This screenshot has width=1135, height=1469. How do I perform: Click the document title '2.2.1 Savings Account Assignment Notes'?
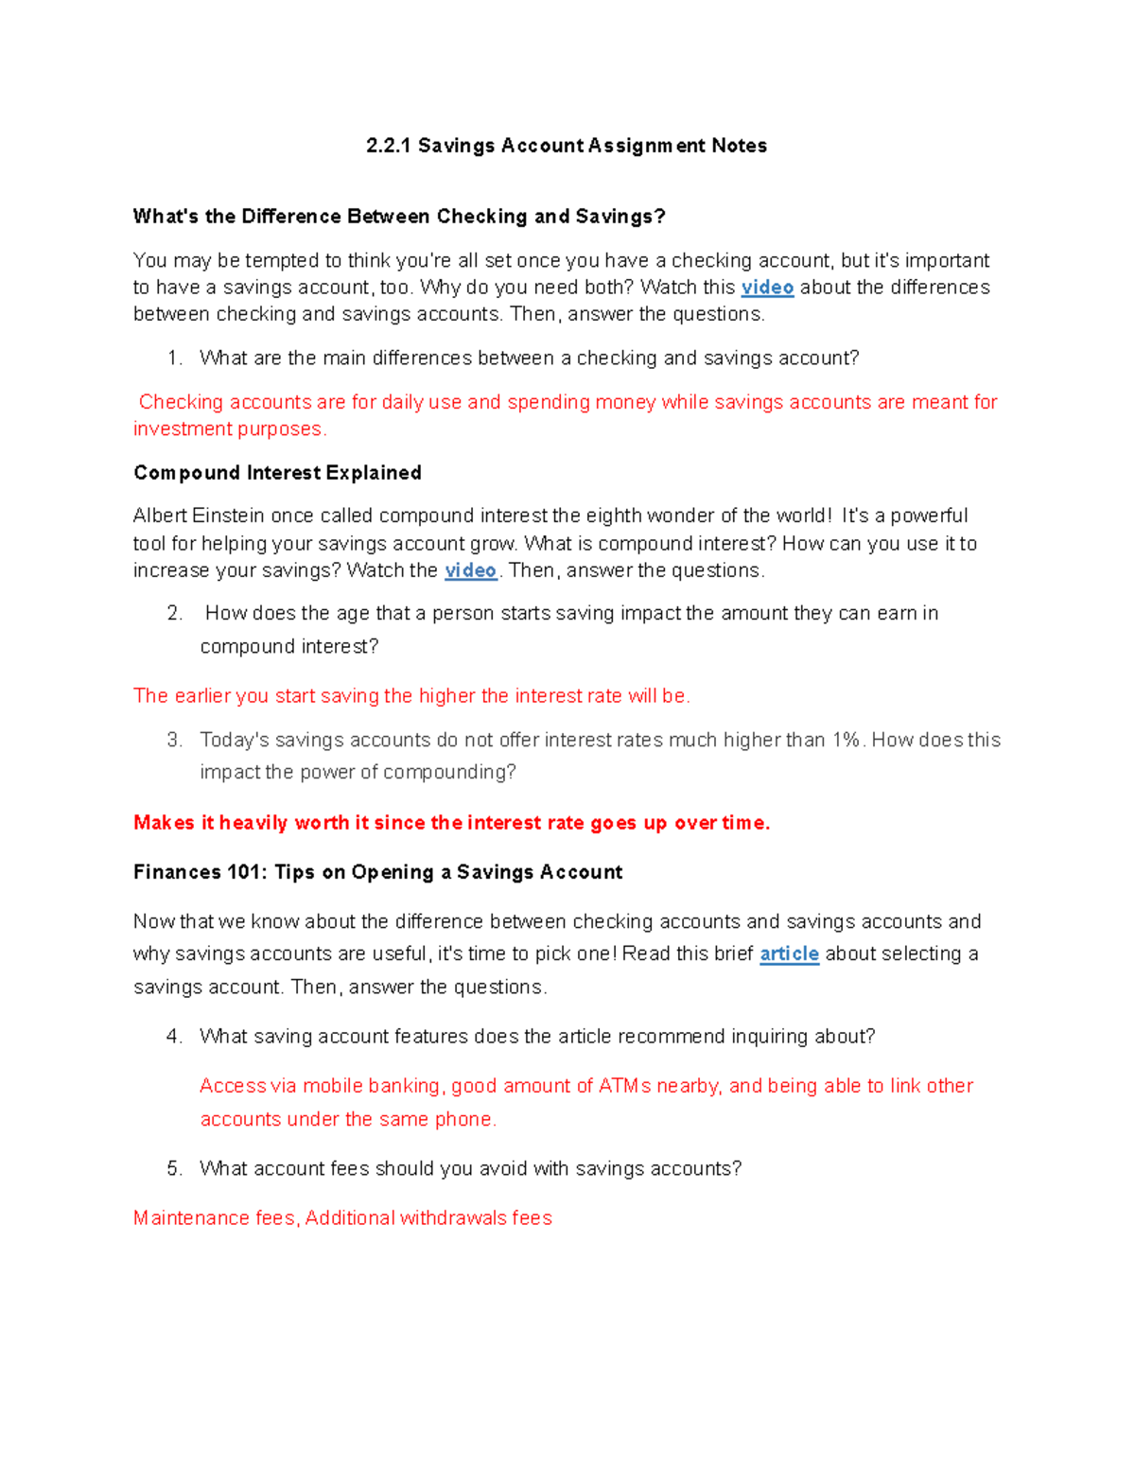tap(567, 146)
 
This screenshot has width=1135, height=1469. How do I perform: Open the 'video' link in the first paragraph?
tap(767, 288)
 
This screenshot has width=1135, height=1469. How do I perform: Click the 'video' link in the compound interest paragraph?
tap(470, 570)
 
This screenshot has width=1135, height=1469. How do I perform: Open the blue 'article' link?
tap(789, 953)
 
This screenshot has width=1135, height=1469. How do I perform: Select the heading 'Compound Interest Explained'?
tap(277, 473)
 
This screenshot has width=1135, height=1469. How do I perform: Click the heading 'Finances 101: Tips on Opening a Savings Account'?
tap(377, 872)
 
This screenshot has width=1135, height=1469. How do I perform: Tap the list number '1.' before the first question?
tap(174, 359)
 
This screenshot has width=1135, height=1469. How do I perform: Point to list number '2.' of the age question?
tap(174, 614)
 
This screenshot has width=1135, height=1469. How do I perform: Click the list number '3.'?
tap(174, 740)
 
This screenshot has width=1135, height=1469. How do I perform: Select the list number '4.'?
tap(174, 1037)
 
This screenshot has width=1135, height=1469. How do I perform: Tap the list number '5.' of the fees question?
tap(174, 1169)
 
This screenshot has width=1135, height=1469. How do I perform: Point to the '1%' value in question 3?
tap(847, 740)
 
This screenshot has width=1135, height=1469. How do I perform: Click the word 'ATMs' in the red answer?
tap(624, 1086)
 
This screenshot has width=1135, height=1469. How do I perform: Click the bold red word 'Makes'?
tap(164, 823)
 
